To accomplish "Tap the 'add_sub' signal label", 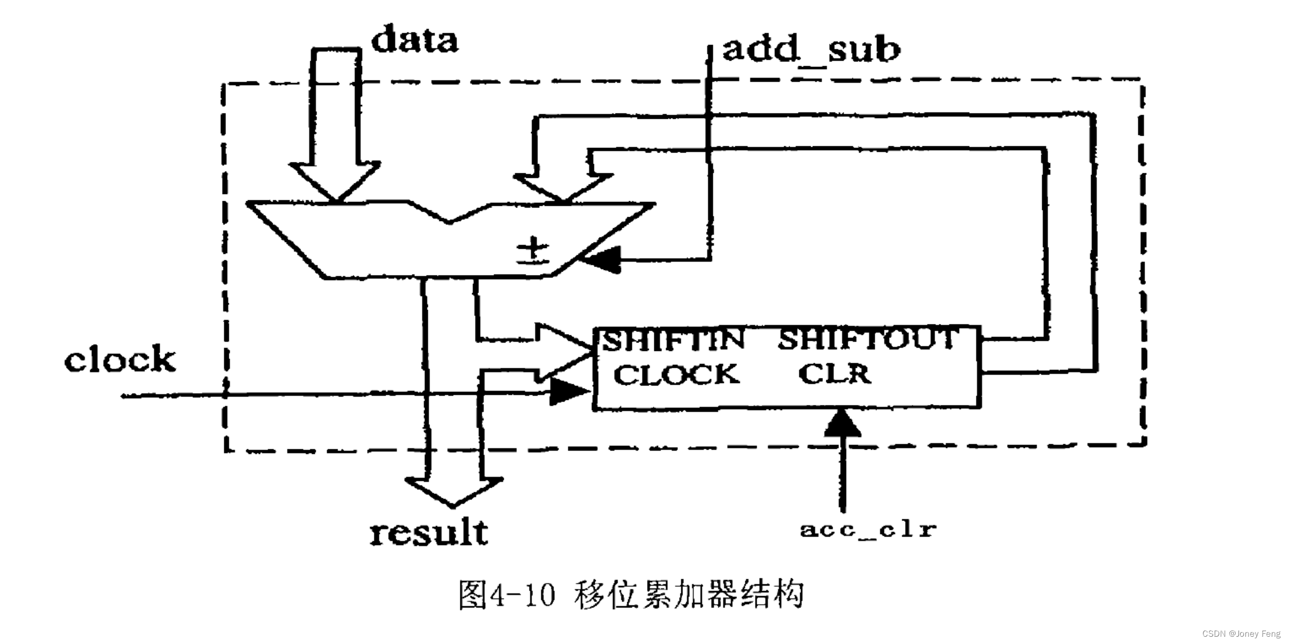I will tap(811, 49).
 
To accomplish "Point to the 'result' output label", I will tap(429, 533).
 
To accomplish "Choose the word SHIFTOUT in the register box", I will tap(866, 339).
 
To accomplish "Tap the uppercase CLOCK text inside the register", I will tap(676, 375).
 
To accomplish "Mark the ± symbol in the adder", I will tap(533, 251).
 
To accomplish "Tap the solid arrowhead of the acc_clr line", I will tap(842, 424).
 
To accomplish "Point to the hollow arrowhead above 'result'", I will tap(453, 491).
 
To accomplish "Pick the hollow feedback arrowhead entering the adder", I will tap(563, 187).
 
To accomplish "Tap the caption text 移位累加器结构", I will tap(689, 594).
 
